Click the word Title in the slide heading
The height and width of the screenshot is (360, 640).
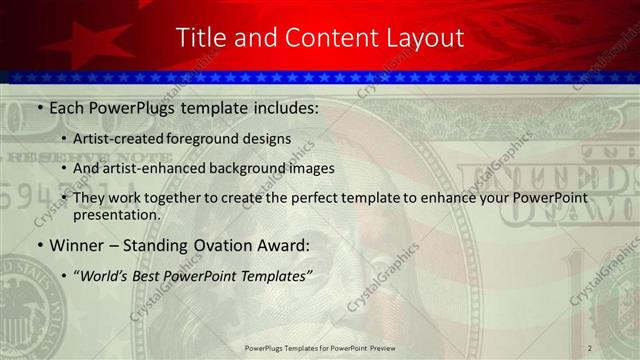tap(198, 38)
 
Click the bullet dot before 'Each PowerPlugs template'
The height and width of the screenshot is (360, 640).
tap(39, 106)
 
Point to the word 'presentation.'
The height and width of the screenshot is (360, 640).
tap(116, 214)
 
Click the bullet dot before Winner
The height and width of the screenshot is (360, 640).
tap(39, 245)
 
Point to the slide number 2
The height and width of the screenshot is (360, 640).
tap(590, 347)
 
